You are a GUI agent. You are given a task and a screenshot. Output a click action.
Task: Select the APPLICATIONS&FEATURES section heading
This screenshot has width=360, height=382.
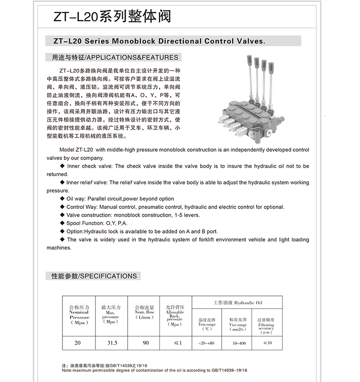(115, 58)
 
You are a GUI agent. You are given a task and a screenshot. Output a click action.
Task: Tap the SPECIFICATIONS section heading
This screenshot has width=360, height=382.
(94, 276)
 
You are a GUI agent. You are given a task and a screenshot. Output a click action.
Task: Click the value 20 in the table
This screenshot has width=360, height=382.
(78, 343)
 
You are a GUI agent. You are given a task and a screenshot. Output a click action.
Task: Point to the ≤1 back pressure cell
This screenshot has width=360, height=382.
(177, 343)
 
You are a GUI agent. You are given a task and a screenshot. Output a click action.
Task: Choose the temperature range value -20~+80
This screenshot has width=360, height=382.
(207, 343)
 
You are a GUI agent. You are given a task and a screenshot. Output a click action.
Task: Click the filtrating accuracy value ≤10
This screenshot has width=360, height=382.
(267, 343)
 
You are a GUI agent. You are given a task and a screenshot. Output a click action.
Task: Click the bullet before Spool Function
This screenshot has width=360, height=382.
(62, 223)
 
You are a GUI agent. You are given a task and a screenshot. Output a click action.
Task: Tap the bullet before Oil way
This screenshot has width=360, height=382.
(62, 198)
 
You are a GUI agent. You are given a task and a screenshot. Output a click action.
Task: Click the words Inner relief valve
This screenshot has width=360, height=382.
(87, 182)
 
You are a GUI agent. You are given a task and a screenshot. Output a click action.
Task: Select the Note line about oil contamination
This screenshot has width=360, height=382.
(154, 370)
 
